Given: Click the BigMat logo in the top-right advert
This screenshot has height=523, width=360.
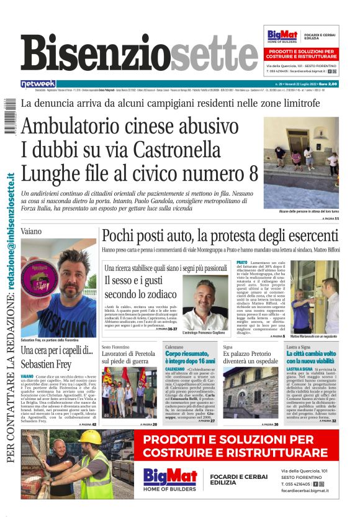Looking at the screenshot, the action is tap(281, 36).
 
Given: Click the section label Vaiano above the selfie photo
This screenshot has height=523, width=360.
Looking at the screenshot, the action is tap(32, 230).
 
